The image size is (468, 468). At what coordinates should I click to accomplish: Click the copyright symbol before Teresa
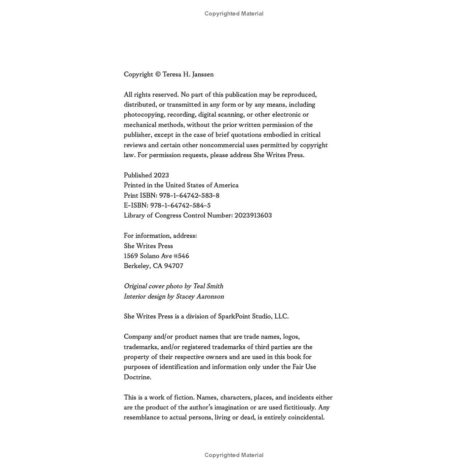coord(158,75)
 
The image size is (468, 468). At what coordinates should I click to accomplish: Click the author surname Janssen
coord(203,75)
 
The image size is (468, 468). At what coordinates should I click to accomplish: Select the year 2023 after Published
coord(161,175)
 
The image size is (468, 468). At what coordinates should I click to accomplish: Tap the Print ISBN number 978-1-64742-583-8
coord(189,195)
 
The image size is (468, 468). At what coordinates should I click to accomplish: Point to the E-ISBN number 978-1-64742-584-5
coord(180,206)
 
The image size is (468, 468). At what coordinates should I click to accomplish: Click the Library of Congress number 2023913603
coord(253,215)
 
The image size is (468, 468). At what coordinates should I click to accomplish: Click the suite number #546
coord(181,256)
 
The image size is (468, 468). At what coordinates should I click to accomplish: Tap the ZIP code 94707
coord(173,266)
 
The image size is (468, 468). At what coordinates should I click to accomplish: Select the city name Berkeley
coord(137,266)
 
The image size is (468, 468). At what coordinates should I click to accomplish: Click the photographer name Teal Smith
coord(208,286)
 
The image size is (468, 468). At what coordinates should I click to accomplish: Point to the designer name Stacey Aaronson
coord(200,296)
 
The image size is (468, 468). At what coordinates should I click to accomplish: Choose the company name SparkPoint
coord(234,317)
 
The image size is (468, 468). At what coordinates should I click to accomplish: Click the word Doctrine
coord(137,377)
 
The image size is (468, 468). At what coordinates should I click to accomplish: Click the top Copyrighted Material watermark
coord(234,14)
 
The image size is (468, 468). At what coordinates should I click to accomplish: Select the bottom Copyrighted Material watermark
coord(234,455)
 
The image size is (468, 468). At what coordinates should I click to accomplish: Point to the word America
coord(226,185)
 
